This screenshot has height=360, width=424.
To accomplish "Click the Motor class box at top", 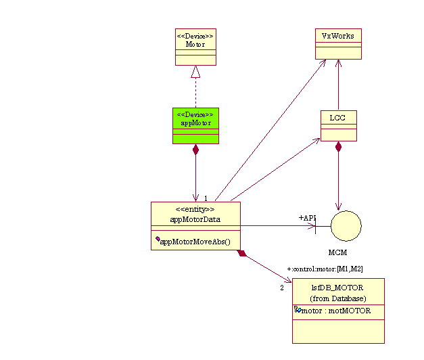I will coord(195,47).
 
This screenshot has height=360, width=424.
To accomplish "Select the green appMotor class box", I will coord(195,125).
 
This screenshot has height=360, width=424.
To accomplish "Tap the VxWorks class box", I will coord(338,44).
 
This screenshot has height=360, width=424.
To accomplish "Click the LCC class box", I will coord(338,125).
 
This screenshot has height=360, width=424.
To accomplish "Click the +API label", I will coord(308,218).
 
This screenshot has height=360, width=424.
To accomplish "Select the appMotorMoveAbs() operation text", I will coord(195,242).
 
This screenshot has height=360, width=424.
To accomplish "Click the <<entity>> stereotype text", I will coord(195,209).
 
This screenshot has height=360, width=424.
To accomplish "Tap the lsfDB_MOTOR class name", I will coord(337,288).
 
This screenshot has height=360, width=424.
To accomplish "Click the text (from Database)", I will coord(337,298).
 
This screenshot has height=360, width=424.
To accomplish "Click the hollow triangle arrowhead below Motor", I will coord(195,71).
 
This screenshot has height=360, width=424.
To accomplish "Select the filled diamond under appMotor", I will coord(195,150).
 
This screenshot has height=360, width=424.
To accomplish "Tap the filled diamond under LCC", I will coord(338,147).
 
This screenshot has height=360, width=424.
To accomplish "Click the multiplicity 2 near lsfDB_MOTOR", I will coord(282,288).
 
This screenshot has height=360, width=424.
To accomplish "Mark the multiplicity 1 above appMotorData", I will coord(206,198).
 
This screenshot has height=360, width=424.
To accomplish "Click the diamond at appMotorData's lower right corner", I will coord(242,254).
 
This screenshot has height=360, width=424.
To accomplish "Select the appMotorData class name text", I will coord(195,219).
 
